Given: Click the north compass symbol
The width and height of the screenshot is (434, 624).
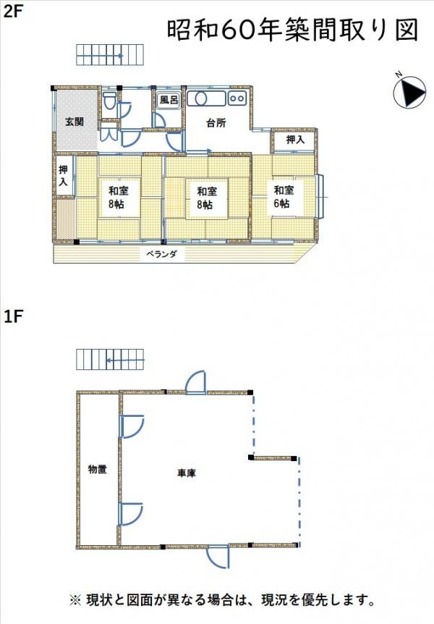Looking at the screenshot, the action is [409, 92].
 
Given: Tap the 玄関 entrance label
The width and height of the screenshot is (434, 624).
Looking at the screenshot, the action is [75, 122].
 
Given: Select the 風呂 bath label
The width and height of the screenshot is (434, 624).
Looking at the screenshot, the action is [169, 100].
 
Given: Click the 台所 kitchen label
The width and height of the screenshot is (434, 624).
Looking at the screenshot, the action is [216, 123].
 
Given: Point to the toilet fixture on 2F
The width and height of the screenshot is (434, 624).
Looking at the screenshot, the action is [109, 101].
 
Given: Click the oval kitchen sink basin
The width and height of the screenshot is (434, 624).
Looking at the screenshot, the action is [197, 98].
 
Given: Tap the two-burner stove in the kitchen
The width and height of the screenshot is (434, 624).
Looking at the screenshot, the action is [237, 98].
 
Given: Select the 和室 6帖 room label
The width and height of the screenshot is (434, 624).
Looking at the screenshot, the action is [284, 197].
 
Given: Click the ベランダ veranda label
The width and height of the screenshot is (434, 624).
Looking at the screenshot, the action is [161, 254].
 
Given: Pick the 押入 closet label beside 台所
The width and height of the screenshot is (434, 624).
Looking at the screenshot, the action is [295, 140].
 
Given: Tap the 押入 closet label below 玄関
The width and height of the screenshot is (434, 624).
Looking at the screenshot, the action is [64, 175].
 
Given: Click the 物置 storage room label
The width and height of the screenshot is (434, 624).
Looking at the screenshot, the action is [98, 469].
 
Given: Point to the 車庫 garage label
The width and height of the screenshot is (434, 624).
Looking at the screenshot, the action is [187, 473].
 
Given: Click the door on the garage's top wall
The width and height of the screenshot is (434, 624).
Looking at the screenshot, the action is [196, 382].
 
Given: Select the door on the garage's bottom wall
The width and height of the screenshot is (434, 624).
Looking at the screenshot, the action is [218, 557].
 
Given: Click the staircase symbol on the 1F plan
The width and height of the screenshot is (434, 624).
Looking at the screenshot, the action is [110, 360].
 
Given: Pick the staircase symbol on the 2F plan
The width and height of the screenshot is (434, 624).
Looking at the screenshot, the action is [110, 55].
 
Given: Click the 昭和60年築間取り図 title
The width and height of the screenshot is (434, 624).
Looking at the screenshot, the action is [292, 29].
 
